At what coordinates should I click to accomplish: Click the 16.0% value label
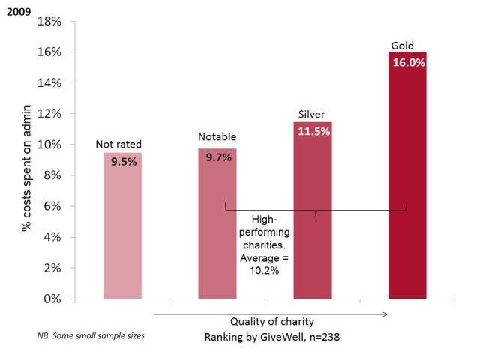pos(408,64)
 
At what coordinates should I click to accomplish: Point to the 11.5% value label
pos(313,133)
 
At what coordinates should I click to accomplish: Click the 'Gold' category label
pos(403,46)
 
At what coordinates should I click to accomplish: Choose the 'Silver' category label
pos(311,115)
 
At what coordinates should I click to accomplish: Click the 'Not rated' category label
pos(118,144)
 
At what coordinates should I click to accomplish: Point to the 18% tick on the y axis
pos(49,21)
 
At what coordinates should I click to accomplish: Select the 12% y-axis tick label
pos(49,113)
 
